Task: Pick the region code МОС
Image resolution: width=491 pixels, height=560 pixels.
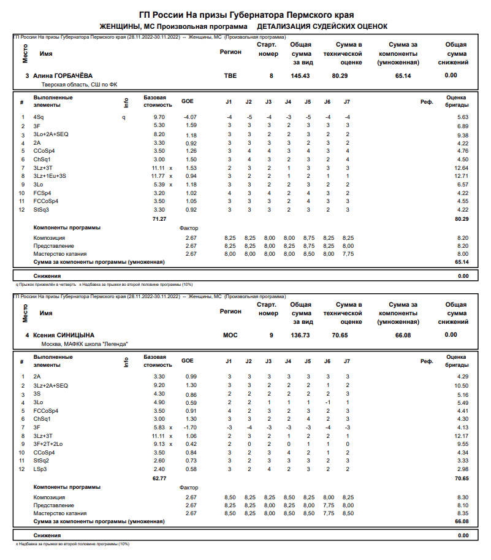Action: [x=230, y=335]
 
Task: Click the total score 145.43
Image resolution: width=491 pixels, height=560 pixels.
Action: [x=300, y=75]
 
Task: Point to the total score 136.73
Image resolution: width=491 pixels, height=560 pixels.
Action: [x=300, y=335]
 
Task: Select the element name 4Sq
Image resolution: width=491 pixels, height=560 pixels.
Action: [x=39, y=117]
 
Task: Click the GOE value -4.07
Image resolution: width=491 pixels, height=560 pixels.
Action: [x=189, y=117]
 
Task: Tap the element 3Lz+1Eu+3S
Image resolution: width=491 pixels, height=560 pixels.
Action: [x=49, y=176]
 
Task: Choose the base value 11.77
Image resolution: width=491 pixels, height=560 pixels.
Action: [x=158, y=176]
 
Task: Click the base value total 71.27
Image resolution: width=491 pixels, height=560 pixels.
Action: [x=159, y=218]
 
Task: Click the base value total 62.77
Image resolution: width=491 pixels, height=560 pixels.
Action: [x=159, y=478]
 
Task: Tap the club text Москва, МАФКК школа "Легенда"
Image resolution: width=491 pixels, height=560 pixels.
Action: [x=85, y=344]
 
